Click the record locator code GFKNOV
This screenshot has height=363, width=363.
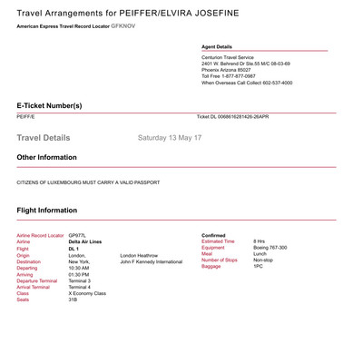[x=123, y=27]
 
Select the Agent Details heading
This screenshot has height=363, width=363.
[x=217, y=46]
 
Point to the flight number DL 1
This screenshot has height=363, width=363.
[x=74, y=249]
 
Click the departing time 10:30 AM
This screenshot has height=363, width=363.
[x=79, y=268]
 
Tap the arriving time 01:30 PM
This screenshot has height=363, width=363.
[x=79, y=274]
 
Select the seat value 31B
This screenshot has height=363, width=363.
[x=73, y=299]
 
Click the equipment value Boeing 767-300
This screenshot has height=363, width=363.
[x=270, y=248]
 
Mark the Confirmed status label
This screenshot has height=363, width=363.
[x=213, y=235]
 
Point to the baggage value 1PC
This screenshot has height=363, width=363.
[x=258, y=267]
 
